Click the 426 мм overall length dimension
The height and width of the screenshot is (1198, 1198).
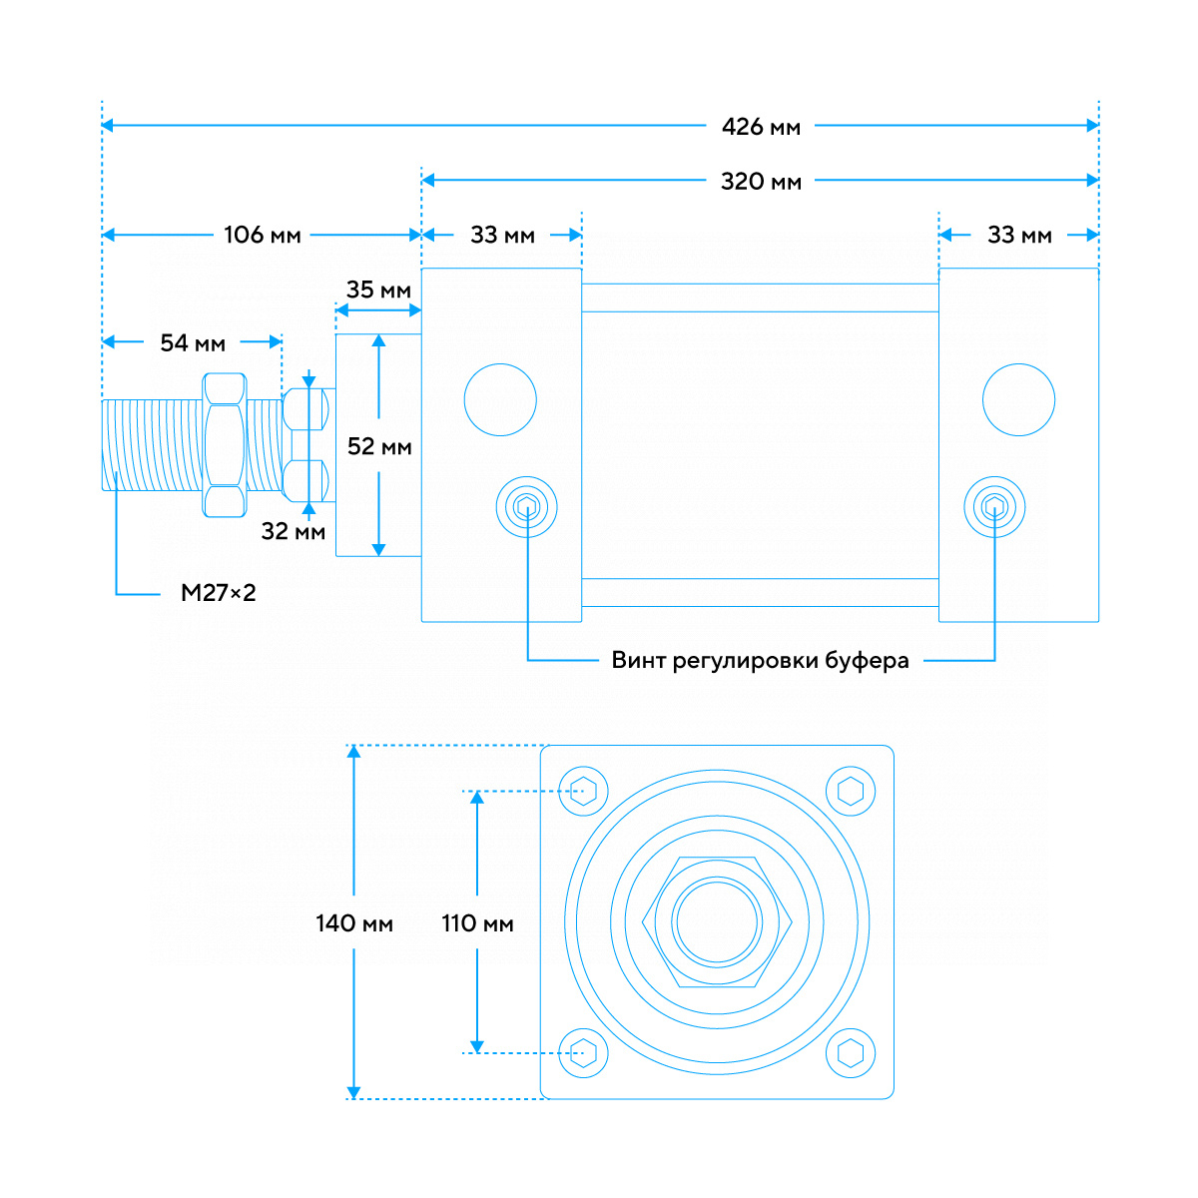[x=761, y=127]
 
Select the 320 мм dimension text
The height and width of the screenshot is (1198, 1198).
[x=761, y=182]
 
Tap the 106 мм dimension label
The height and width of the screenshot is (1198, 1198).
[x=262, y=236]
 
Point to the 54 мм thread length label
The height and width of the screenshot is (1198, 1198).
[x=193, y=343]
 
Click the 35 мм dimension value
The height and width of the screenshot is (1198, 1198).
[x=378, y=291]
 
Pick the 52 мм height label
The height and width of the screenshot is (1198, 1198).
[x=379, y=447]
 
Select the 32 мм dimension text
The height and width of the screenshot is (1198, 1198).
[x=294, y=532]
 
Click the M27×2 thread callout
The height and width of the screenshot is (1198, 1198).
[x=218, y=593]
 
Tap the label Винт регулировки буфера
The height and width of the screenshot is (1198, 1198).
[x=760, y=661]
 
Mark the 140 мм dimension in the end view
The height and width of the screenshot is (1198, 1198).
[x=354, y=924]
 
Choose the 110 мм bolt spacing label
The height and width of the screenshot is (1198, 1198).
[x=477, y=924]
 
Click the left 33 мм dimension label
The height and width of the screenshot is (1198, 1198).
[x=502, y=236]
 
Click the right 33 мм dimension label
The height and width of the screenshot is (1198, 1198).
[x=1019, y=236]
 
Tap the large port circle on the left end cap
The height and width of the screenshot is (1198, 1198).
[x=500, y=399]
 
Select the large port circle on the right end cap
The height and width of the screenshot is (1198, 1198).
[x=1018, y=399]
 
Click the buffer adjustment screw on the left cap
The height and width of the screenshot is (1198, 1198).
[x=526, y=508]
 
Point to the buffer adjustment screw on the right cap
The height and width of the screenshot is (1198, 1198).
[x=994, y=508]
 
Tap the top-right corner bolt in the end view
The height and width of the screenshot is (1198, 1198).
[x=851, y=792]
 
